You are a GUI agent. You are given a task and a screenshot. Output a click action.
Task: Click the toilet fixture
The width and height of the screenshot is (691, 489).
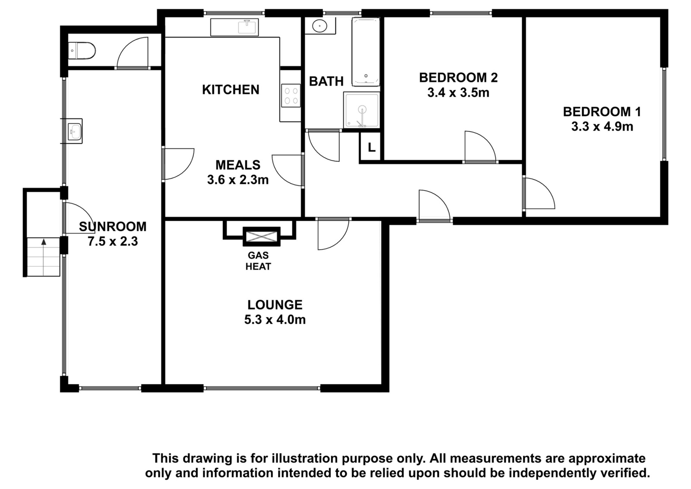[82, 51]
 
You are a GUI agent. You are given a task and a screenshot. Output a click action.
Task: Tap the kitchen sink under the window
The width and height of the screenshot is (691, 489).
[248, 26]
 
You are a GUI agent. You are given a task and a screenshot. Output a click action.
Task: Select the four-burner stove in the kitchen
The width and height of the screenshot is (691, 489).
[291, 95]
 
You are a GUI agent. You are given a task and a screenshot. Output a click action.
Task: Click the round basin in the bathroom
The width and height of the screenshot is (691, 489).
[319, 25]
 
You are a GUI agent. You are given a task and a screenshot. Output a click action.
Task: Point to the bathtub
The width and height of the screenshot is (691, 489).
[366, 52]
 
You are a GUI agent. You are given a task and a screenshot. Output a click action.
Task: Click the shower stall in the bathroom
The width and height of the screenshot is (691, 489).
[361, 110]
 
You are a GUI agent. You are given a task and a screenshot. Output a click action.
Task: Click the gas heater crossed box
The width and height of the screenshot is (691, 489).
[262, 237]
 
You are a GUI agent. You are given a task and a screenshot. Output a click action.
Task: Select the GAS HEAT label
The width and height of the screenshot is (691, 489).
[259, 261]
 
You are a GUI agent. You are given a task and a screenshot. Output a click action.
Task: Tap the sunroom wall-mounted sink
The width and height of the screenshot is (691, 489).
[74, 131]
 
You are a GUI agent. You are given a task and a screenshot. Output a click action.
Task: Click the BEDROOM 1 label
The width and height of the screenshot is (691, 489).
[602, 112]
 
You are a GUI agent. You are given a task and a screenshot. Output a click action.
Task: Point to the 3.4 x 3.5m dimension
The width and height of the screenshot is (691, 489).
[458, 92]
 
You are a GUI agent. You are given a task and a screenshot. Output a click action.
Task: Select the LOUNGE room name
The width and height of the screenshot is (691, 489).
[275, 305]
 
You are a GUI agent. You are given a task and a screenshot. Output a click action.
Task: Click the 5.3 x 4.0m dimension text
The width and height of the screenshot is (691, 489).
[275, 320]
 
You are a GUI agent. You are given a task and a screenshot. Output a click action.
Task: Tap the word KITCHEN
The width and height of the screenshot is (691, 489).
[231, 89]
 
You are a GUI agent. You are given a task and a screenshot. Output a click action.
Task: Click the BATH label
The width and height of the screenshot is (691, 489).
[326, 81]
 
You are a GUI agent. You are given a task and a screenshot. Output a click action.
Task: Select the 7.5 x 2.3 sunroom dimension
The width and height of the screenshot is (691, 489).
[113, 241]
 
